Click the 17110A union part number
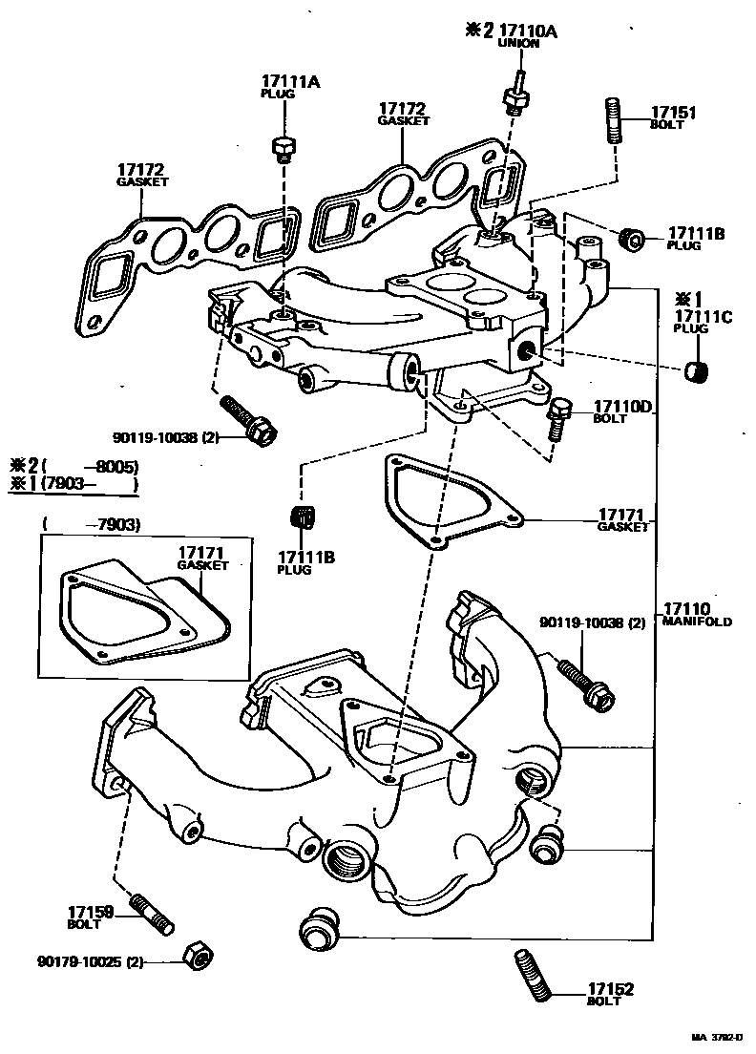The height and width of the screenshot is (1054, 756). point(525,31)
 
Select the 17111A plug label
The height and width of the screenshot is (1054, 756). point(292,83)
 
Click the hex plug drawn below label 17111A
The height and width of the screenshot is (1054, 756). point(283,147)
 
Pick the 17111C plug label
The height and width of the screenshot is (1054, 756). point(702,317)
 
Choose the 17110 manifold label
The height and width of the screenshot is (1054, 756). point(687,608)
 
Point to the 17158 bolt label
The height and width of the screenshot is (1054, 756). point(91,912)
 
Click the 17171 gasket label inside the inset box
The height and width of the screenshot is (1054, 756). point(202,554)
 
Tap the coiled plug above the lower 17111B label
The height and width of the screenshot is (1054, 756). point(302,516)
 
